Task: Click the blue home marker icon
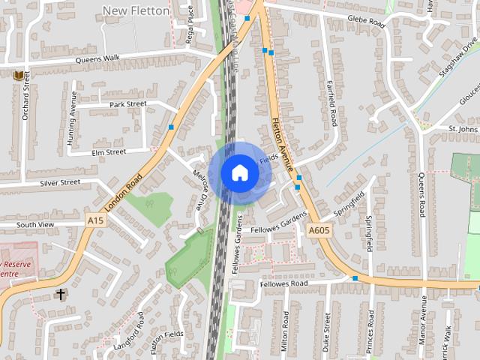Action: (240, 172)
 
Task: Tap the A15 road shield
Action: (95, 220)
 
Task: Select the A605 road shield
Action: (319, 232)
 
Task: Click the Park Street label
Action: (127, 104)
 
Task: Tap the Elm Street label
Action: (109, 152)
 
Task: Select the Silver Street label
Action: (59, 182)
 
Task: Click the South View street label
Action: (35, 224)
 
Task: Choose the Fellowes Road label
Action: (284, 284)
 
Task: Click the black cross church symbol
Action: (61, 295)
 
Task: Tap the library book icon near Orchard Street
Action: (19, 76)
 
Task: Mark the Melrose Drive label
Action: (199, 188)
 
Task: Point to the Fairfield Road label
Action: (331, 106)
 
